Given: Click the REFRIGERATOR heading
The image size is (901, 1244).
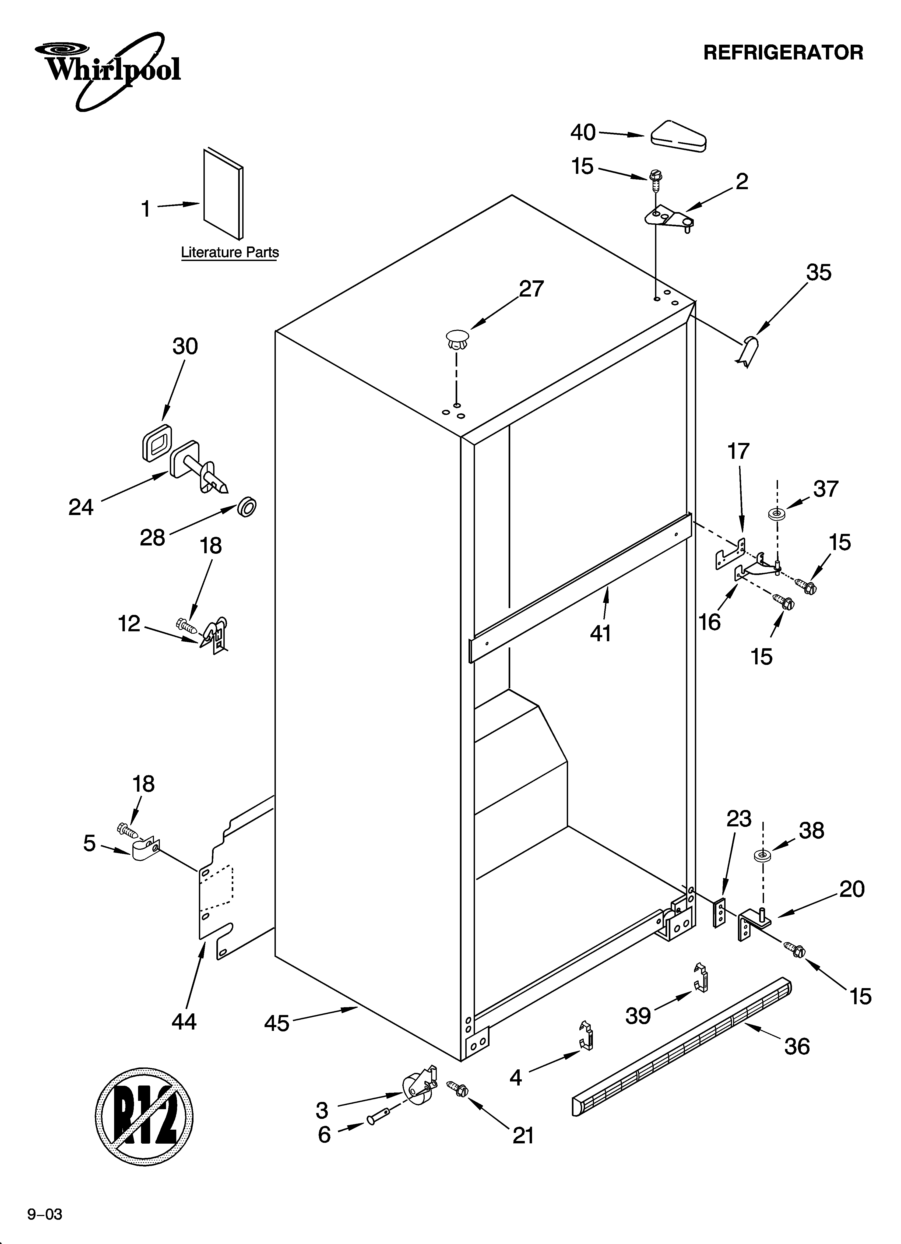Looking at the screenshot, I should tap(783, 53).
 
